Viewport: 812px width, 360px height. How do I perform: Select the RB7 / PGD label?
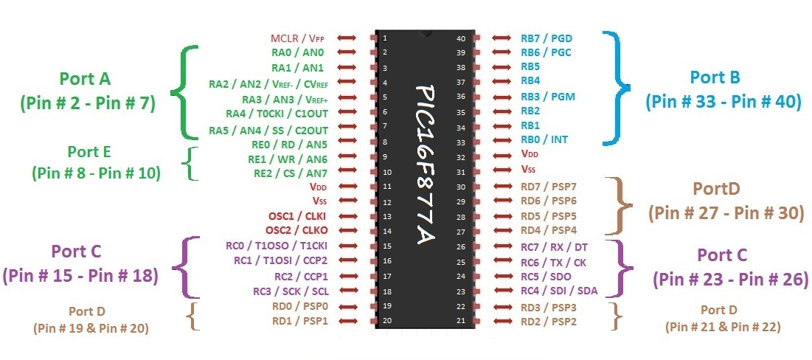click(546, 38)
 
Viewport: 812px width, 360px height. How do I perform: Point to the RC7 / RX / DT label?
click(555, 246)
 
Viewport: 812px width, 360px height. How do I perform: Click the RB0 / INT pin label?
click(544, 139)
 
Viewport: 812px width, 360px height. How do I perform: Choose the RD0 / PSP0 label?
click(300, 306)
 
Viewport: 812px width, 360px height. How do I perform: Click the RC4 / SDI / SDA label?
click(558, 291)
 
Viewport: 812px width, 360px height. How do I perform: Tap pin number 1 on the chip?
click(384, 38)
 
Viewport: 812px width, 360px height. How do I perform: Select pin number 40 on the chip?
click(461, 38)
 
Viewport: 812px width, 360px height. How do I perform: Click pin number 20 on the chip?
click(386, 321)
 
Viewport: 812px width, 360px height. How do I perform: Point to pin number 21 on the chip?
click(460, 321)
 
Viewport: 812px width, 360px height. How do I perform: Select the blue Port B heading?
click(715, 77)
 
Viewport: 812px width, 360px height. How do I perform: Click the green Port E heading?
click(89, 152)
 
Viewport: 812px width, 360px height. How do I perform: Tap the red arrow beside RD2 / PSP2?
click(502, 322)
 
